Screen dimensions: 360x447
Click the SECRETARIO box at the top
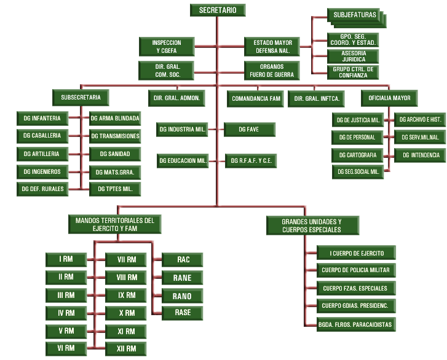pyautogui.click(x=217, y=10)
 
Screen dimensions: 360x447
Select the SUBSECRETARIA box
pyautogui.click(x=81, y=97)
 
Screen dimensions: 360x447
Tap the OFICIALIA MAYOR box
pyautogui.click(x=389, y=98)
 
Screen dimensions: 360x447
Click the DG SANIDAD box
pyautogui.click(x=114, y=153)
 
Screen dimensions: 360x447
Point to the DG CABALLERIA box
pyautogui.click(x=42, y=135)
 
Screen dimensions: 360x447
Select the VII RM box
pyautogui.click(x=126, y=259)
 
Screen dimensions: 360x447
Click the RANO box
pyautogui.click(x=182, y=296)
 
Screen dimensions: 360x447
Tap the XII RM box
pyautogui.click(x=126, y=349)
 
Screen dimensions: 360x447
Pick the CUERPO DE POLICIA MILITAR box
pyautogui.click(x=355, y=270)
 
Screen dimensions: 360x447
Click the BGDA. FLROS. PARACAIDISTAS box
pyautogui.click(x=355, y=324)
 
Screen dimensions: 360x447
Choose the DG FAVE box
pyautogui.click(x=249, y=129)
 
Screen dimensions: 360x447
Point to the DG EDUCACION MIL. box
pyautogui.click(x=182, y=161)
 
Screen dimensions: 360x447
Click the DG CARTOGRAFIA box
pyautogui.click(x=357, y=154)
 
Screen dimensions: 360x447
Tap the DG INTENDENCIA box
pyautogui.click(x=421, y=155)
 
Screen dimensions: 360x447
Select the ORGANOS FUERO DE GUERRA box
pyautogui.click(x=271, y=71)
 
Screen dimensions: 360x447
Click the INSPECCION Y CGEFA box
pyautogui.click(x=166, y=47)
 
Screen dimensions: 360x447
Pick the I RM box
pyautogui.click(x=66, y=259)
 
